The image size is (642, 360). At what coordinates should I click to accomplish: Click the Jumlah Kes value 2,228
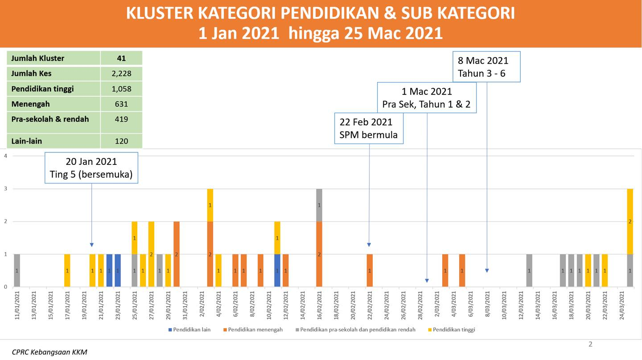point(122,74)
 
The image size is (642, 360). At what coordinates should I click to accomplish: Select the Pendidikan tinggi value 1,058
point(122,89)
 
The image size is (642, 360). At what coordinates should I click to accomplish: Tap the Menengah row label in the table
point(30,104)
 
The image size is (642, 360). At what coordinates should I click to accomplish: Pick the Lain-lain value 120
point(122,141)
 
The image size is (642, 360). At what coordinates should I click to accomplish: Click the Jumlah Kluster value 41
point(121,58)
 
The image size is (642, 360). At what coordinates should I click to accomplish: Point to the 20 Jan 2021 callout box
point(91,168)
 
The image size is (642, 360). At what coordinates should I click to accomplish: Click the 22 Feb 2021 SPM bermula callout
point(369,128)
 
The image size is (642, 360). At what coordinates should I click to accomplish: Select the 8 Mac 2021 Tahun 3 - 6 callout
point(486,67)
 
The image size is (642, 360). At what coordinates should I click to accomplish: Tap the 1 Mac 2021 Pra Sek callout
point(427,98)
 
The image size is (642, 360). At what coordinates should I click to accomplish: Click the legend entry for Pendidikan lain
point(189,330)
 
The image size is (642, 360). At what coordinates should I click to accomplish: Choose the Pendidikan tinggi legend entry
point(452,330)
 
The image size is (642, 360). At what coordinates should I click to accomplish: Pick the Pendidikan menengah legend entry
point(253,330)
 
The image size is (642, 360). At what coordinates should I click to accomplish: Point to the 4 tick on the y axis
point(5,156)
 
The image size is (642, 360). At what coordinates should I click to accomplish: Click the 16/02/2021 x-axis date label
point(320,305)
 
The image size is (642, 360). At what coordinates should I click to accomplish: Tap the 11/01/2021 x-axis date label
point(17,305)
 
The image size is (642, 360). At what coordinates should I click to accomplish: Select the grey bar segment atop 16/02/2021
point(319,205)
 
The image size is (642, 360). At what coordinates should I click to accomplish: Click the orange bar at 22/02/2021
point(370,270)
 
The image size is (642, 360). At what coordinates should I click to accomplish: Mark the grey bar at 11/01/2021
point(17,270)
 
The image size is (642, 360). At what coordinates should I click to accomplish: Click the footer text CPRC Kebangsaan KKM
point(49,352)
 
